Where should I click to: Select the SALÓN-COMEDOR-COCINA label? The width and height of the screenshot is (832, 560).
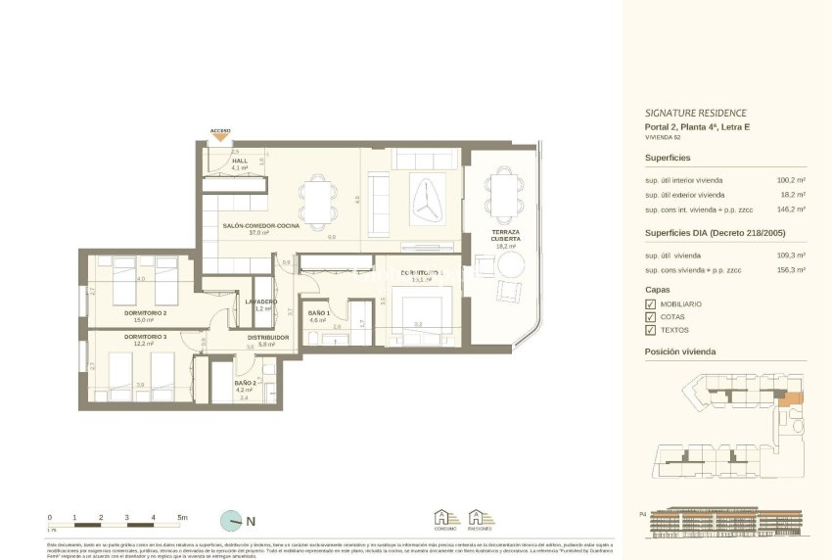point(260,226)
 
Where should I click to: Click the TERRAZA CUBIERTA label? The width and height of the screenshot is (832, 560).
point(505,236)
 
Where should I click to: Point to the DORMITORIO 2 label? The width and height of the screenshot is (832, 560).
point(145,314)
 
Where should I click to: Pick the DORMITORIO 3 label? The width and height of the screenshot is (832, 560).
point(145,337)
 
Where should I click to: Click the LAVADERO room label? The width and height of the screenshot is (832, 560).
point(261,302)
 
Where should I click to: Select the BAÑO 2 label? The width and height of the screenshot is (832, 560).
point(245,383)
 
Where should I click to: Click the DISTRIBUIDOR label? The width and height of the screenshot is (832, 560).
point(267,338)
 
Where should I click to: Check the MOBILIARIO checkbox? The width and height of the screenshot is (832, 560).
point(651,304)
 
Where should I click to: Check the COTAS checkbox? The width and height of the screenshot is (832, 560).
point(651,317)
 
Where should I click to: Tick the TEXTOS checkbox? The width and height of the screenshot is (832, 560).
point(651,330)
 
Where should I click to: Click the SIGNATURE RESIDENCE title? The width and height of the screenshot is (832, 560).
point(695,113)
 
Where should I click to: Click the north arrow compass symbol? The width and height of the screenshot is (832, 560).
point(232,521)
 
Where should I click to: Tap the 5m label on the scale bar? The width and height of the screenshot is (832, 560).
point(182,516)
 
